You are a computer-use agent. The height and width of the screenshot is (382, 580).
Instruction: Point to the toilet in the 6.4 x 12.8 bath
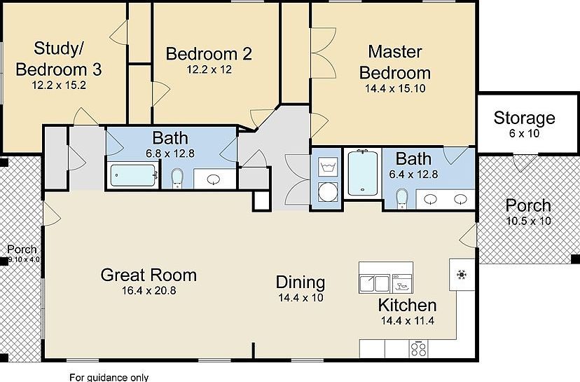click(401, 200)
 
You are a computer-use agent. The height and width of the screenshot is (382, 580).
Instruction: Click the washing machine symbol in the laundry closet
click(327, 167)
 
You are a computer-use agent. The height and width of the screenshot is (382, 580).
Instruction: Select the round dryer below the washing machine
click(327, 191)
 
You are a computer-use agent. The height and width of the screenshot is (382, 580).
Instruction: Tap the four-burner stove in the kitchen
click(419, 348)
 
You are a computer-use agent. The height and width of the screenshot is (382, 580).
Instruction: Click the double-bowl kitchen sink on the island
click(374, 284)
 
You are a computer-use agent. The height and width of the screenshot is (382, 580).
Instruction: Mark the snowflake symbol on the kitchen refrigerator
click(462, 274)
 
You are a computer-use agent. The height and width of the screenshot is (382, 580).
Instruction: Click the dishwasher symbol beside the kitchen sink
click(402, 283)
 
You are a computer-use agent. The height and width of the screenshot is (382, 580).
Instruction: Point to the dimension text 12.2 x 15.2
click(59, 84)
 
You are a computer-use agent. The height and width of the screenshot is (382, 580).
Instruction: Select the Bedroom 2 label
click(209, 54)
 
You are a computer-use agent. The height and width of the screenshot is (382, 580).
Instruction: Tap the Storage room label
click(524, 118)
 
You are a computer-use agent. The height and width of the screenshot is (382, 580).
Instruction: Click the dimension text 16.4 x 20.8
click(148, 289)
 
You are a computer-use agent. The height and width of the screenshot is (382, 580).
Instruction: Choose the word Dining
click(301, 282)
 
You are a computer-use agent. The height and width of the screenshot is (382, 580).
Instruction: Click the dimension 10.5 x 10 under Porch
click(528, 221)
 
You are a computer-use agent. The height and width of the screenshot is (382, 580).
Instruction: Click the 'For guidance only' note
click(109, 377)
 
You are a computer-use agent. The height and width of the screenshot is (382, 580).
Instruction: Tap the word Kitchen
click(407, 306)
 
